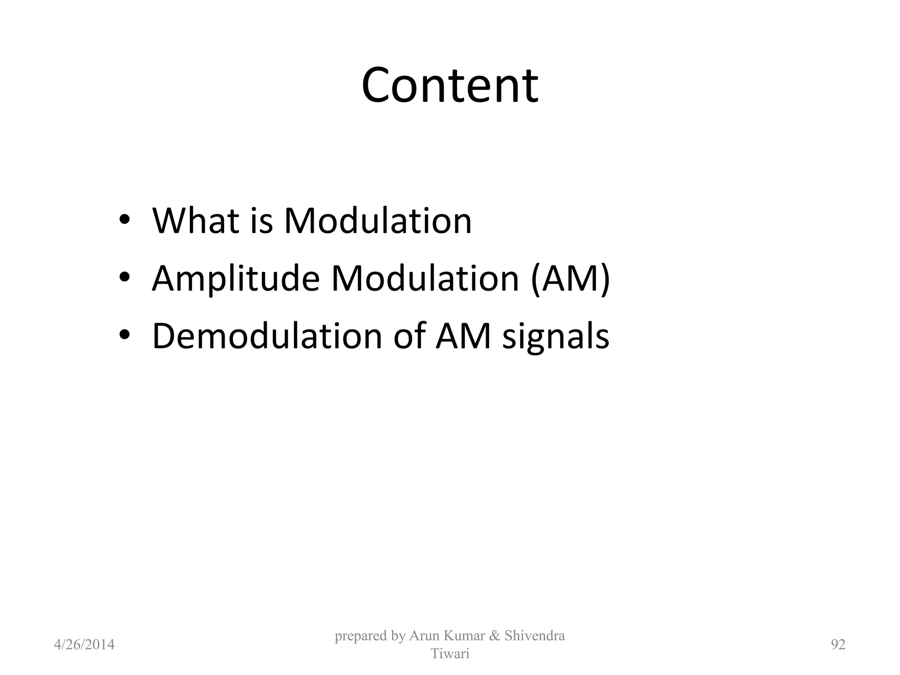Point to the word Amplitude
click(x=236, y=279)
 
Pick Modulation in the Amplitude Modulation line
click(x=425, y=279)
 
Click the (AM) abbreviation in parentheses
click(x=570, y=279)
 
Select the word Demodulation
click(x=267, y=336)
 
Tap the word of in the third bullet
click(x=409, y=336)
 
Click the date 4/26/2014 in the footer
click(x=84, y=645)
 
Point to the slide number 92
click(x=838, y=645)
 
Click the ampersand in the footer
click(x=495, y=635)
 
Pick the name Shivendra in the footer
click(x=535, y=635)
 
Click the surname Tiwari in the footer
click(x=450, y=654)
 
